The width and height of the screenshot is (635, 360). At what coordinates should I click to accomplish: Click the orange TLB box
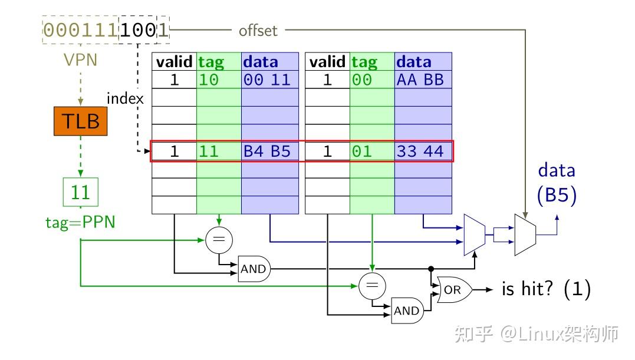pyautogui.click(x=81, y=121)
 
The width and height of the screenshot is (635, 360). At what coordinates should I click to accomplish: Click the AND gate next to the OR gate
pyautogui.click(x=407, y=311)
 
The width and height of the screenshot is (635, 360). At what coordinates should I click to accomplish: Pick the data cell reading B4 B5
pyautogui.click(x=269, y=151)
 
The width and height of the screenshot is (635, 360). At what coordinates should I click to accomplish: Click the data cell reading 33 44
pyautogui.click(x=423, y=151)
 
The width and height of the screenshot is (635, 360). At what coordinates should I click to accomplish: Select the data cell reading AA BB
pyautogui.click(x=423, y=80)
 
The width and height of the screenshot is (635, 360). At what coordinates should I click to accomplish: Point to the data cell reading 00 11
pyautogui.click(x=269, y=80)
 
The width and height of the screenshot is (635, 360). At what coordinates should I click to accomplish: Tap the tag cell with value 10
pyautogui.click(x=219, y=80)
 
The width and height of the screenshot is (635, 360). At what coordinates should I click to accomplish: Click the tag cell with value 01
pyautogui.click(x=372, y=151)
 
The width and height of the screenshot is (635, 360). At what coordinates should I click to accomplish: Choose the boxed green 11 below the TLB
pyautogui.click(x=81, y=192)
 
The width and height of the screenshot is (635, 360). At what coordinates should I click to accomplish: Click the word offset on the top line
pyautogui.click(x=258, y=31)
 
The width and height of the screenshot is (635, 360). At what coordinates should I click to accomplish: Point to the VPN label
pyautogui.click(x=80, y=60)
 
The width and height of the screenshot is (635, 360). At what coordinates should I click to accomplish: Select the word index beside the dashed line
pyautogui.click(x=125, y=98)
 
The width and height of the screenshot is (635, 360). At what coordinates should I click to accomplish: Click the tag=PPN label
pyautogui.click(x=80, y=222)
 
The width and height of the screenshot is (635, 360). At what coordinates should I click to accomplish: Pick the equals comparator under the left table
pyautogui.click(x=219, y=240)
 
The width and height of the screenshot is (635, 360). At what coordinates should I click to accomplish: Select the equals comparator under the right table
pyautogui.click(x=372, y=286)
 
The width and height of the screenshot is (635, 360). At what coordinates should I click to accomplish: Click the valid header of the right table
pyautogui.click(x=327, y=62)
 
